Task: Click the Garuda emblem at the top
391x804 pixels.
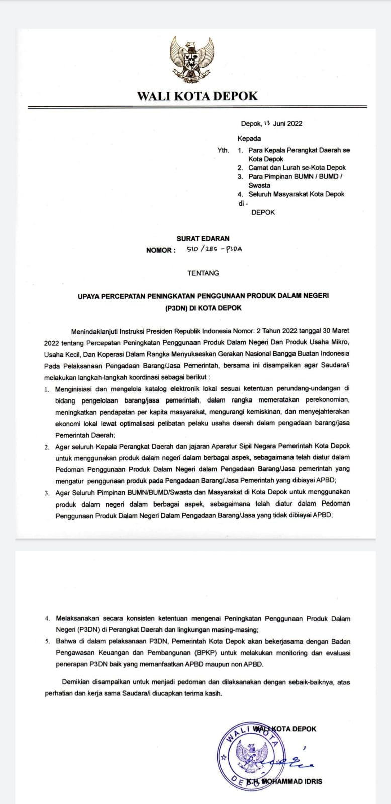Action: [192, 60]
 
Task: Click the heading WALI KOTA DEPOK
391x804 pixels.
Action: [197, 96]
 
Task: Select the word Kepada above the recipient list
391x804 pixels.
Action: [249, 138]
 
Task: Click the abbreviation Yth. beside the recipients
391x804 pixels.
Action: [223, 150]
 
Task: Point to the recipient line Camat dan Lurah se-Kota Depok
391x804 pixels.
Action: [297, 168]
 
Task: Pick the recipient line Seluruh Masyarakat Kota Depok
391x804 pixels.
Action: [296, 194]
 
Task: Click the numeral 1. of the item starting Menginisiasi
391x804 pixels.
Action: [46, 389]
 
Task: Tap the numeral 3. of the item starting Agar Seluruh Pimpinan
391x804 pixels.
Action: [46, 492]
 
